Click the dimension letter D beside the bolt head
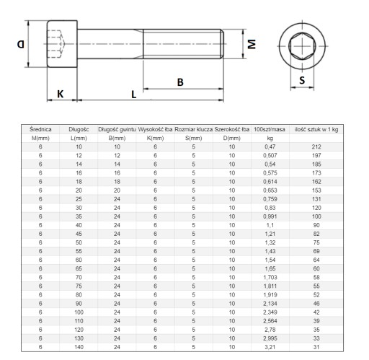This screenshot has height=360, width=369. coord(21,44)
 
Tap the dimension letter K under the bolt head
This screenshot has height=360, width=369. coord(61,94)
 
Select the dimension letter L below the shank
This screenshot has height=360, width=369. coord(134,95)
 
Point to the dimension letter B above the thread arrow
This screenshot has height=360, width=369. coord(180,82)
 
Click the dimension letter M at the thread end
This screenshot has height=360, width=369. coord(252,44)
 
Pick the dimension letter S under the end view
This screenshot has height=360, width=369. coord(302,80)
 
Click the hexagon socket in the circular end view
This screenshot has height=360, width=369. coord(301,46)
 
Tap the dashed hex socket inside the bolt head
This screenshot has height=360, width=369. coord(56,44)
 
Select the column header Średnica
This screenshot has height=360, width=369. coord(40,129)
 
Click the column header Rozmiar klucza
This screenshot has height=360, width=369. coord(193,129)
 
